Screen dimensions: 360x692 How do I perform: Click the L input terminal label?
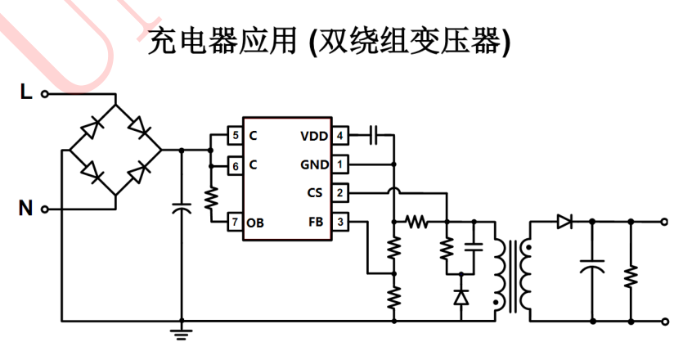point(25,93)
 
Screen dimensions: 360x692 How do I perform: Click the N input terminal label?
point(25,209)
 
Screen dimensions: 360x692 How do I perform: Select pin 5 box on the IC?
point(235,136)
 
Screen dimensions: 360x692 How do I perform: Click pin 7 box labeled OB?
point(235,222)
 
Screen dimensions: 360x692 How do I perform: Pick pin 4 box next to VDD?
point(339,136)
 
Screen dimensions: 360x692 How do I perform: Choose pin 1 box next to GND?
point(339,164)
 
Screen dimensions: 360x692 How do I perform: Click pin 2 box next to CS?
point(339,193)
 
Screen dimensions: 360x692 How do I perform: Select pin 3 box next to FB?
point(339,222)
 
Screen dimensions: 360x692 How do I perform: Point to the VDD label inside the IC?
point(314,136)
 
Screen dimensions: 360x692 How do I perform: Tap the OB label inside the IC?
point(256,222)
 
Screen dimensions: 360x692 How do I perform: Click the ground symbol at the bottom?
point(182,331)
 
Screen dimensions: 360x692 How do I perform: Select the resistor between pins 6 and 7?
point(210,197)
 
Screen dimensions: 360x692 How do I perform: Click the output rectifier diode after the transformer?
point(563,221)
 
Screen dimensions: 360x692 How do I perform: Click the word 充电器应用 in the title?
point(215,42)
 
